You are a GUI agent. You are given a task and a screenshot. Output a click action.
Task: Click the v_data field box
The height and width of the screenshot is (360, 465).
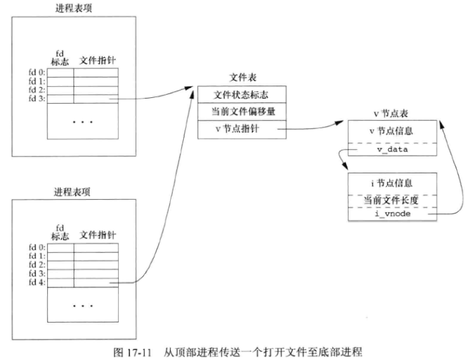[391, 150]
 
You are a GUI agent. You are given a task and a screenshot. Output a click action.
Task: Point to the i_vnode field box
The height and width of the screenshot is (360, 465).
[391, 214]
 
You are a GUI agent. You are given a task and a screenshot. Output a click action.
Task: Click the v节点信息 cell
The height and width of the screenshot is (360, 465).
[391, 131]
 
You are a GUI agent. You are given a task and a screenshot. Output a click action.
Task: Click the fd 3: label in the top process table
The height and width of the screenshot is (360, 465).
[37, 99]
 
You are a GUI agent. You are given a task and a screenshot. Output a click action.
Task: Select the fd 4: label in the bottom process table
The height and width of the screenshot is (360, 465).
[37, 283]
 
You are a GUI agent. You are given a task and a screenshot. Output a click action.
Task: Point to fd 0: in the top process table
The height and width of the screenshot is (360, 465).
[37, 73]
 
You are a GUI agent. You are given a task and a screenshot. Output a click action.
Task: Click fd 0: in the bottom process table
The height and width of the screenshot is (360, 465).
[37, 248]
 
